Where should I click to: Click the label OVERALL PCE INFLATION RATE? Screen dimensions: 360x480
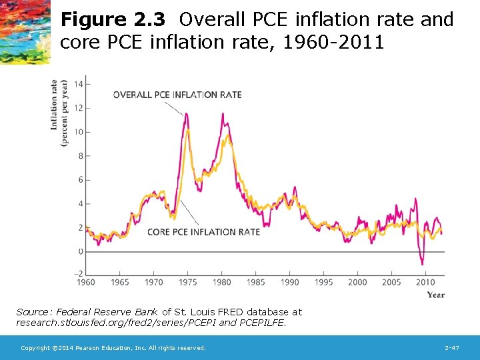(x=177, y=95)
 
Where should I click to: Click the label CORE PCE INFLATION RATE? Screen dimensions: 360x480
(x=203, y=232)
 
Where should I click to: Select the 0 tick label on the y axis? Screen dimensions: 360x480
(x=80, y=252)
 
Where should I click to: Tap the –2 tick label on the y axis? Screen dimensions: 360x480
(x=78, y=274)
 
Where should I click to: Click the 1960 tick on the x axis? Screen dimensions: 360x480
(x=86, y=283)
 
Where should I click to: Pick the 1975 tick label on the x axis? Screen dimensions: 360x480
(x=188, y=283)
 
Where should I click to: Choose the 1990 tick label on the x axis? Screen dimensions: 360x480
(x=290, y=283)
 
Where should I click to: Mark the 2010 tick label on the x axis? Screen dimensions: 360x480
(x=425, y=283)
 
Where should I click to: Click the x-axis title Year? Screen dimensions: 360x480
(x=435, y=295)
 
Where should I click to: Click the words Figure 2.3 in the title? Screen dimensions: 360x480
(x=112, y=20)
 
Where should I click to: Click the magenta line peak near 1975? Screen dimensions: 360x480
(x=186, y=114)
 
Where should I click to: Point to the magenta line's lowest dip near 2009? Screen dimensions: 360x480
(x=422, y=264)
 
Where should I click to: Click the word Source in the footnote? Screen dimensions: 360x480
(x=32, y=312)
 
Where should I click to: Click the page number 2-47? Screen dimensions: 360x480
(x=451, y=348)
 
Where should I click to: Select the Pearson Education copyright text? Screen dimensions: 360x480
(x=113, y=348)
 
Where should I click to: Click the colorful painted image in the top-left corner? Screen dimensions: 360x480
(x=25, y=31)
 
